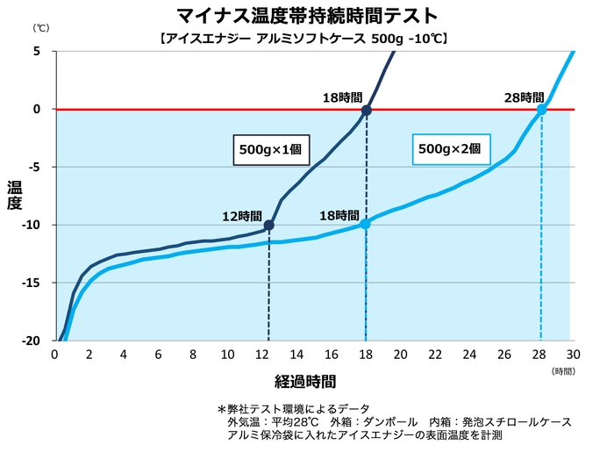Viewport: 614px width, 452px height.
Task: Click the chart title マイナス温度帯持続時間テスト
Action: coord(308,16)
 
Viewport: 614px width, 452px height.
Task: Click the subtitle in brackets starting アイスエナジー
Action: coord(308,39)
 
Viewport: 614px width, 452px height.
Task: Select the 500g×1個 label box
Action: coord(270,149)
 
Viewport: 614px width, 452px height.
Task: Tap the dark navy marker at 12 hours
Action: coord(268,226)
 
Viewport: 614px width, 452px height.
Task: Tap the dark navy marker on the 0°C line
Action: coord(367,111)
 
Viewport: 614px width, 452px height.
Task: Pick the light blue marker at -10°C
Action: coord(365,224)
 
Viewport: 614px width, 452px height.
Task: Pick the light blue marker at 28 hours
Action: coord(541,109)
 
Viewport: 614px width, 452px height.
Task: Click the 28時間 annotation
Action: coord(524,97)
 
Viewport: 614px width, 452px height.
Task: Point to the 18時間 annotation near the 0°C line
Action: coord(342,98)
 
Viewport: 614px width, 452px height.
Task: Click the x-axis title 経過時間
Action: coord(304,381)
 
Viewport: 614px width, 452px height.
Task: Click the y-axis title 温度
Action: coord(15,195)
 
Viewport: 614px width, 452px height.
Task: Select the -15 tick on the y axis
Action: coord(33,283)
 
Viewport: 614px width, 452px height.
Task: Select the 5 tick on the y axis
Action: coord(38,51)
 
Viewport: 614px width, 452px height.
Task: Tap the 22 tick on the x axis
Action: coord(436,354)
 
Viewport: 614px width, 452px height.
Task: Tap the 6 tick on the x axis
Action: coord(158,354)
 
